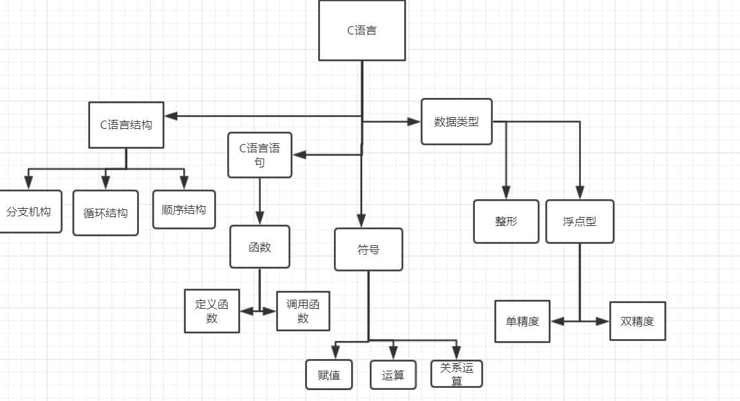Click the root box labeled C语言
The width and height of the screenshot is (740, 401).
362,30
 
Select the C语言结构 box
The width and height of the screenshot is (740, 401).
126,125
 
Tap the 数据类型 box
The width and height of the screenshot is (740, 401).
456,121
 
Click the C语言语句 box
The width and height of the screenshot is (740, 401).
260,155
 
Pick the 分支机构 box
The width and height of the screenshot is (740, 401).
29,212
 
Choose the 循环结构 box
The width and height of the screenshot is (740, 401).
105,213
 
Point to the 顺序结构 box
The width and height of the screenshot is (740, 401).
184,209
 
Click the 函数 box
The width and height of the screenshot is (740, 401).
260,247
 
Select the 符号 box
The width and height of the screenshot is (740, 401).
368,249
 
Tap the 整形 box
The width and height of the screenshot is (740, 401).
506,221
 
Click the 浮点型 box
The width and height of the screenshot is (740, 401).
580,221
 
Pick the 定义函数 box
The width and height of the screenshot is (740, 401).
212,311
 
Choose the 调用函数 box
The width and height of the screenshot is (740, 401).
303,311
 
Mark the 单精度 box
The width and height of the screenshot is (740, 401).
522,321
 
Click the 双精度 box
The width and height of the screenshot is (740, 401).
637,321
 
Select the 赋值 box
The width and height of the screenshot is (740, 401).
329,375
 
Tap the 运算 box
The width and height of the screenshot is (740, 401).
393,375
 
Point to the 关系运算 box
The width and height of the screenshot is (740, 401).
456,373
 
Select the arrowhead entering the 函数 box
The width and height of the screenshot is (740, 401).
260,218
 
